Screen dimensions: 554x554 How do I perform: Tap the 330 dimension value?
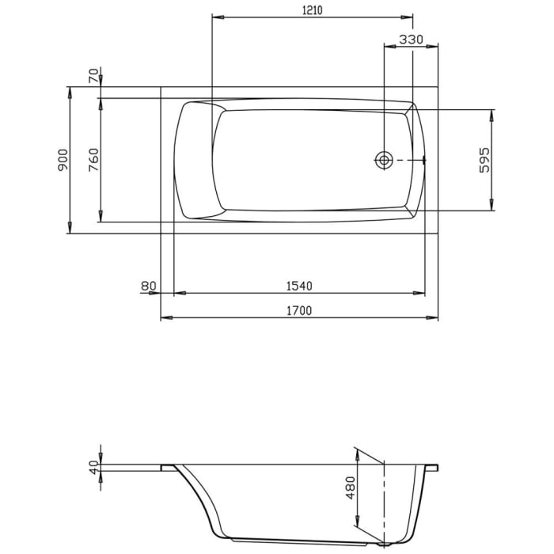tap(411, 39)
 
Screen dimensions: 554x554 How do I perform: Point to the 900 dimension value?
tap(63, 160)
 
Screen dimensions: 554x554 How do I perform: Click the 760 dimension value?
tap(93, 160)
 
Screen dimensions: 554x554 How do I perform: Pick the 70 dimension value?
tap(93, 76)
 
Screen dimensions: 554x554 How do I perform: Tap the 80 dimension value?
tap(146, 286)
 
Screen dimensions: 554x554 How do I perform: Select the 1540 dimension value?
tap(300, 286)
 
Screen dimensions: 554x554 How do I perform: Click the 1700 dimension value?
tap(300, 310)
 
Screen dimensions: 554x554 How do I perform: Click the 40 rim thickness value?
tap(93, 468)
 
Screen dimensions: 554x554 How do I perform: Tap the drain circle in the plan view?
tap(384, 160)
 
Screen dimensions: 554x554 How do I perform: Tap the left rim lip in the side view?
tap(167, 468)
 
